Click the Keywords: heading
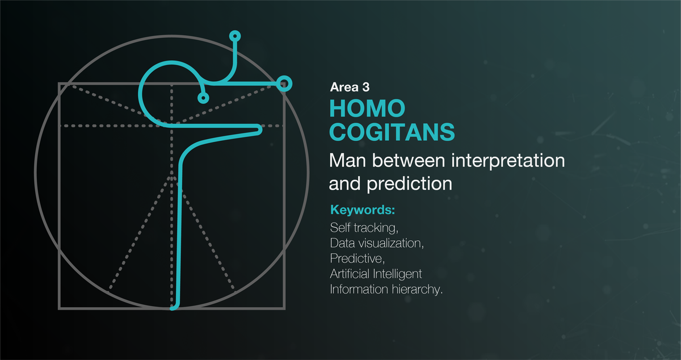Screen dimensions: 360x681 point(362,211)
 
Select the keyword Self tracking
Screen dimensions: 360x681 point(364,228)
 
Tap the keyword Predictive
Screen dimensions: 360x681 point(358,259)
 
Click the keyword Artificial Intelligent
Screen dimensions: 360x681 point(376,274)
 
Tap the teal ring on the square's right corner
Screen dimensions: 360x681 point(285,84)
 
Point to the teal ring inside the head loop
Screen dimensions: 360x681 point(203,98)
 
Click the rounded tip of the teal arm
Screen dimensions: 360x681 point(259,130)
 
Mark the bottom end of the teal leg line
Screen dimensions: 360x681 point(174,307)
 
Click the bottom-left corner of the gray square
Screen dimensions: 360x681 point(60,308)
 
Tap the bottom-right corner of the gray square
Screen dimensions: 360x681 point(284,308)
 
